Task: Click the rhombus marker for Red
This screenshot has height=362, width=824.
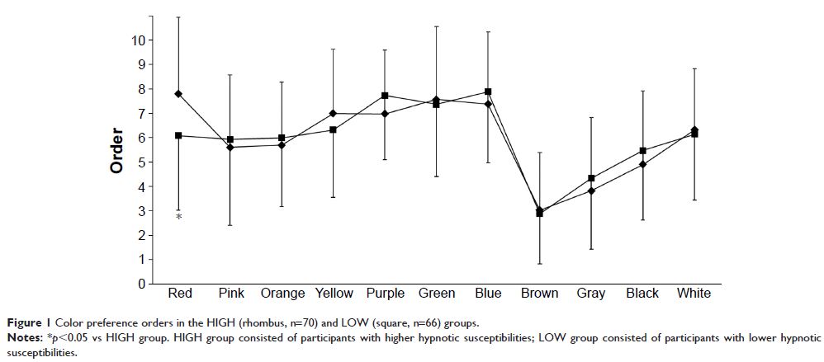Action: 178,94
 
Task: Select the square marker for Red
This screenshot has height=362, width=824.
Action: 178,135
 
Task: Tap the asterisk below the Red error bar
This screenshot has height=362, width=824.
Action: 178,218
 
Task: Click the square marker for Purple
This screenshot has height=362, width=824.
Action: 386,96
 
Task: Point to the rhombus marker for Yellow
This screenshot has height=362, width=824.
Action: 334,113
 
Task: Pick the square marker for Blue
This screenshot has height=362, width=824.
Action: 489,92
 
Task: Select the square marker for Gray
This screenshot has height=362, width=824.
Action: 592,178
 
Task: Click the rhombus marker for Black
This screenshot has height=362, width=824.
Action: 643,164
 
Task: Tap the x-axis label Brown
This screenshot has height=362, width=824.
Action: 540,294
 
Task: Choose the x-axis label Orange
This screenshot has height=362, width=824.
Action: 282,294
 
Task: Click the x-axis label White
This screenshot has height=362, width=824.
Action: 694,294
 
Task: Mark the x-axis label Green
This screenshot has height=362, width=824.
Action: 437,294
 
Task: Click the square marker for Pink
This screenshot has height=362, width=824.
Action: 230,139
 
